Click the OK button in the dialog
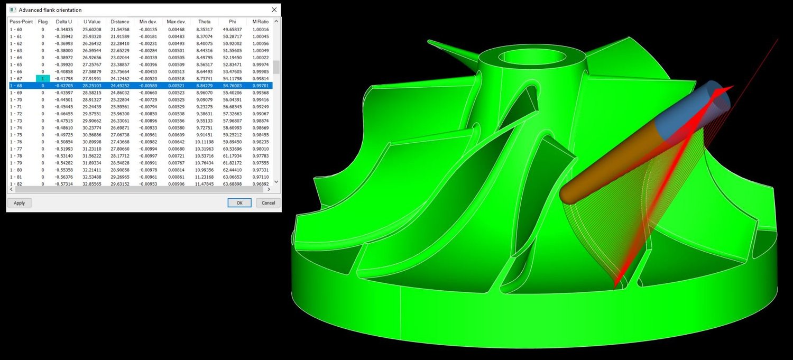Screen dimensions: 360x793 239,203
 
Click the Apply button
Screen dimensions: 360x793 20,203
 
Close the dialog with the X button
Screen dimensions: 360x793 274,10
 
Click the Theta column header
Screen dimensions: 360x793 204,22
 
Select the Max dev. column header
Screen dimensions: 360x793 176,22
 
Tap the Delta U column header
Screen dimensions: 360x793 64,22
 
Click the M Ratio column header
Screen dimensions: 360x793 261,22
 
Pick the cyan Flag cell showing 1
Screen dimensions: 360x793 43,78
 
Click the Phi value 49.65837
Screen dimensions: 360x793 232,30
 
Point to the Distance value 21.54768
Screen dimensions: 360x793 120,30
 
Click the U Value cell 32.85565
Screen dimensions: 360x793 92,183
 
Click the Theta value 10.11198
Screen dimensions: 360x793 204,142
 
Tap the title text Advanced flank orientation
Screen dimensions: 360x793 50,10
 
